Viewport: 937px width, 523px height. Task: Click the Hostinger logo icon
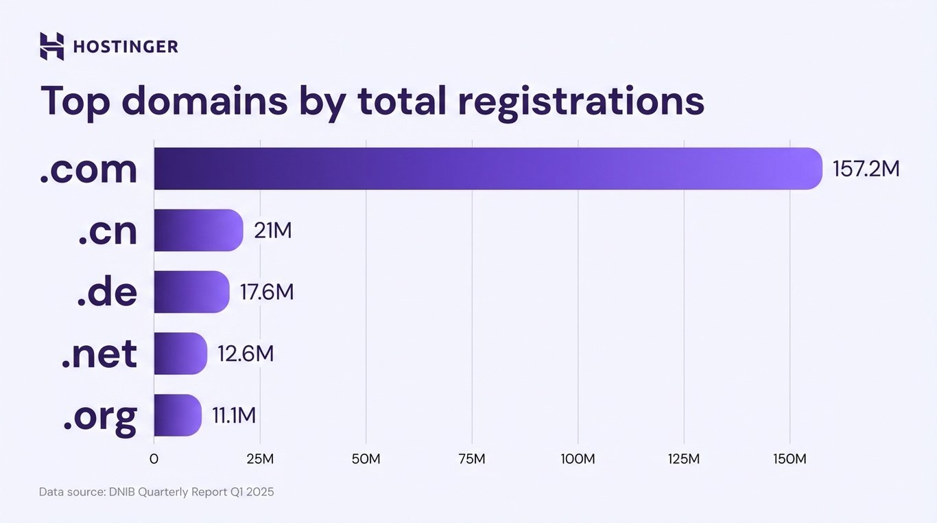click(x=51, y=46)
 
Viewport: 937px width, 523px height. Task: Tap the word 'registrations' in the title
click(x=580, y=101)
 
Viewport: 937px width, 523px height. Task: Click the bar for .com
click(x=487, y=169)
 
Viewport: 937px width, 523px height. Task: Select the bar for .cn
click(x=198, y=231)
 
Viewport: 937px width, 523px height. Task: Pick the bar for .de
click(x=191, y=292)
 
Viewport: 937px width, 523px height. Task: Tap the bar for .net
click(x=180, y=353)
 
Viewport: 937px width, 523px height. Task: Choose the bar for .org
click(x=177, y=415)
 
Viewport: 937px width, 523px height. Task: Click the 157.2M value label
click(x=866, y=169)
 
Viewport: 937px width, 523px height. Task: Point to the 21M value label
click(x=273, y=231)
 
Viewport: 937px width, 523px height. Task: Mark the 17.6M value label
click(x=267, y=292)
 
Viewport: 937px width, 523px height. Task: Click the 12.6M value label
click(x=246, y=353)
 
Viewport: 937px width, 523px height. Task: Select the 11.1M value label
click(x=234, y=415)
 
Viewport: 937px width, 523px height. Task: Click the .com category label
click(x=88, y=169)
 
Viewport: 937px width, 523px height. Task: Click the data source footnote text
click(x=156, y=492)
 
